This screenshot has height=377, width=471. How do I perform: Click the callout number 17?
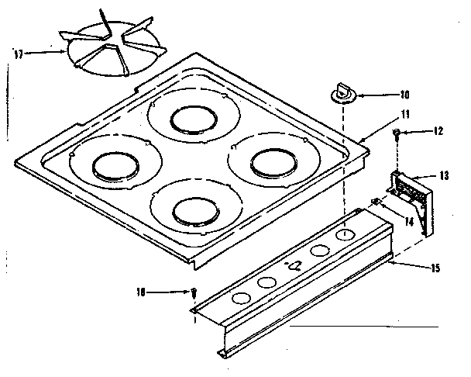click(x=18, y=53)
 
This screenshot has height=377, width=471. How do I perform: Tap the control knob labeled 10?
click(x=341, y=93)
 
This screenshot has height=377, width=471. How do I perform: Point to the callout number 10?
click(x=404, y=96)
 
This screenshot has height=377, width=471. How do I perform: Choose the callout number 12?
click(x=438, y=130)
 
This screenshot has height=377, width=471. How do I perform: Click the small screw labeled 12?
click(x=396, y=134)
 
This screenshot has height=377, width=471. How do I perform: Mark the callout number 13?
click(x=443, y=176)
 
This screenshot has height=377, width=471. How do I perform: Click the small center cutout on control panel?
click(x=294, y=265)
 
